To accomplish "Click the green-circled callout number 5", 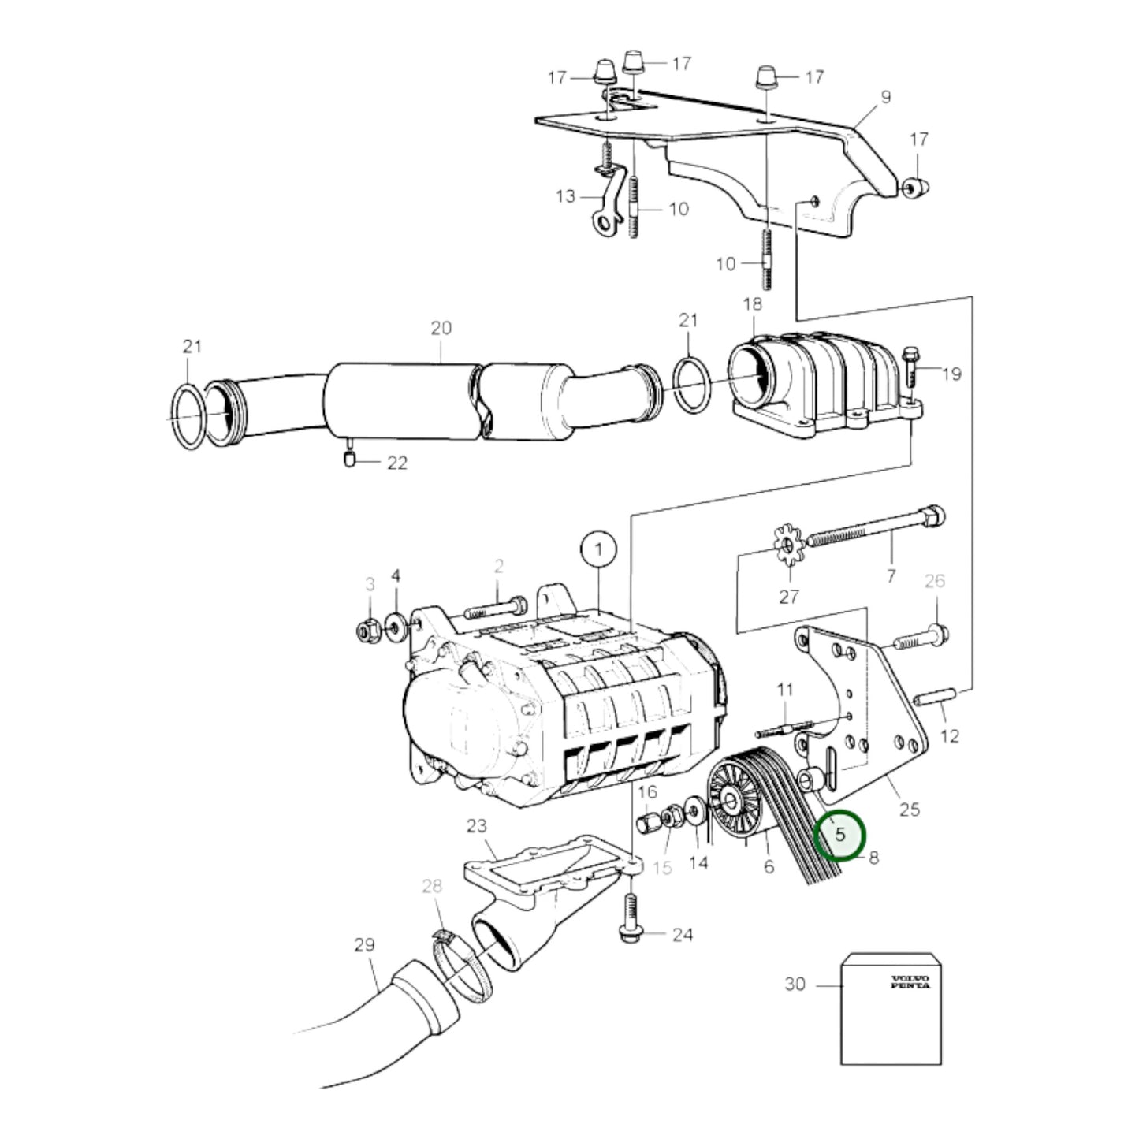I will point(840,834).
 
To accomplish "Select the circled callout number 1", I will point(598,549).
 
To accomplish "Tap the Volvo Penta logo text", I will point(910,981).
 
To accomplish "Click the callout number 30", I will point(795,984).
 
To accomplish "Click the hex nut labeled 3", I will point(367,630).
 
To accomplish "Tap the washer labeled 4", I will point(394,629).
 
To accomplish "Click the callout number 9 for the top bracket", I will point(885,97).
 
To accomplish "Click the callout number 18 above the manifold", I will point(752,304).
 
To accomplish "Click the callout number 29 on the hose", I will point(364,944).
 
